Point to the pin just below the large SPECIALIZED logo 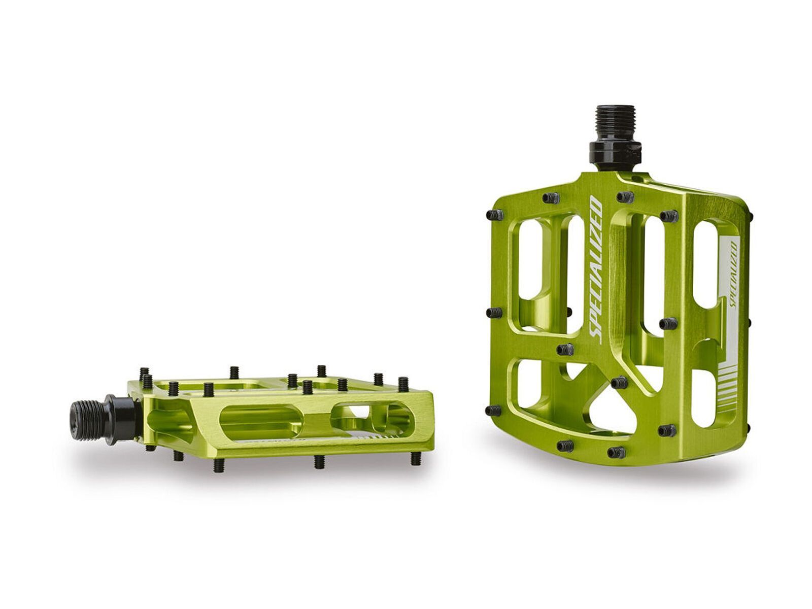pyautogui.click(x=565, y=349)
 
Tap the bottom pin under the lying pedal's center pyautogui.click(x=319, y=461)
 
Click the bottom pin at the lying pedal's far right pyautogui.click(x=415, y=458)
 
